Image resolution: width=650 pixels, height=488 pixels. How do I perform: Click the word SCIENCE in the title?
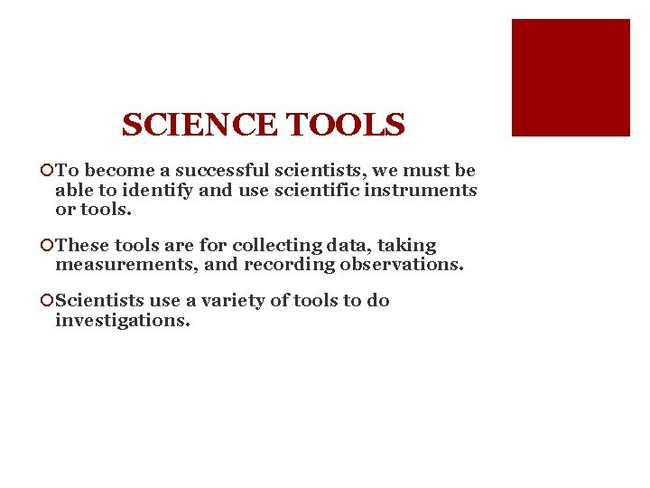[x=200, y=125]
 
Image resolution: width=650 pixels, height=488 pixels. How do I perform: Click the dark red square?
[x=571, y=78]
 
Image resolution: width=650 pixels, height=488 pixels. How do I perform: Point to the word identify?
[x=152, y=191]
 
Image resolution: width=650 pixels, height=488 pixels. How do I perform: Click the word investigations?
[x=123, y=321]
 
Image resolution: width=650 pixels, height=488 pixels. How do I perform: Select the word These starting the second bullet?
[x=82, y=246]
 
